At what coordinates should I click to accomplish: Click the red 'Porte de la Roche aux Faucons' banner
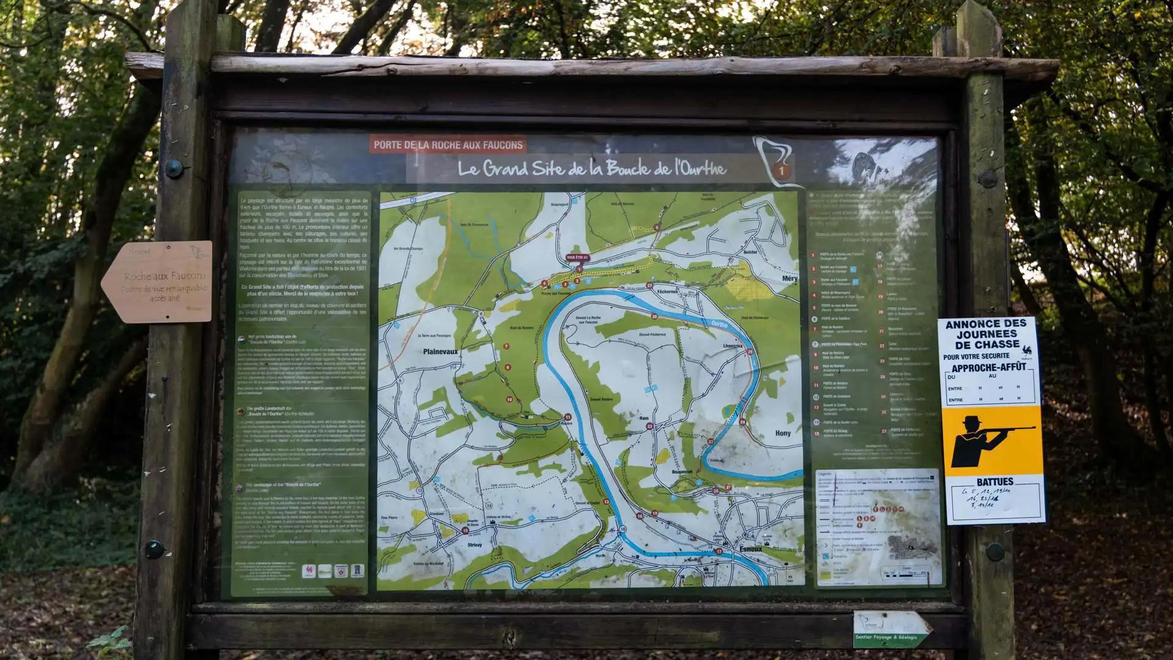(448, 145)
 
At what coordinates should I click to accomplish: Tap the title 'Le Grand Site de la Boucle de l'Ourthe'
(591, 168)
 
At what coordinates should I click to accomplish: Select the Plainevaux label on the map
(440, 352)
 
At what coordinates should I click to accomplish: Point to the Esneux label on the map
(750, 549)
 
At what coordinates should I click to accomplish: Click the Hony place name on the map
(783, 433)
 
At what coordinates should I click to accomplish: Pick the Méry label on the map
(789, 279)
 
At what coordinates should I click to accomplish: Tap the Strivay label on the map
(474, 544)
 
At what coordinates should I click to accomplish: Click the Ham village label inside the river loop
(643, 418)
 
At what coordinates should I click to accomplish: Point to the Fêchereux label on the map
(667, 291)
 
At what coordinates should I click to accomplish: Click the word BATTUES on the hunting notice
(995, 482)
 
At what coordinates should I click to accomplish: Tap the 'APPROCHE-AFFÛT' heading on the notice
(988, 368)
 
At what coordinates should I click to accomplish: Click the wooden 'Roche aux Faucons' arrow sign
(158, 282)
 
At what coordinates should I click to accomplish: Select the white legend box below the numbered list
(879, 527)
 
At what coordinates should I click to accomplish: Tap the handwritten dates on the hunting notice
(995, 498)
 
